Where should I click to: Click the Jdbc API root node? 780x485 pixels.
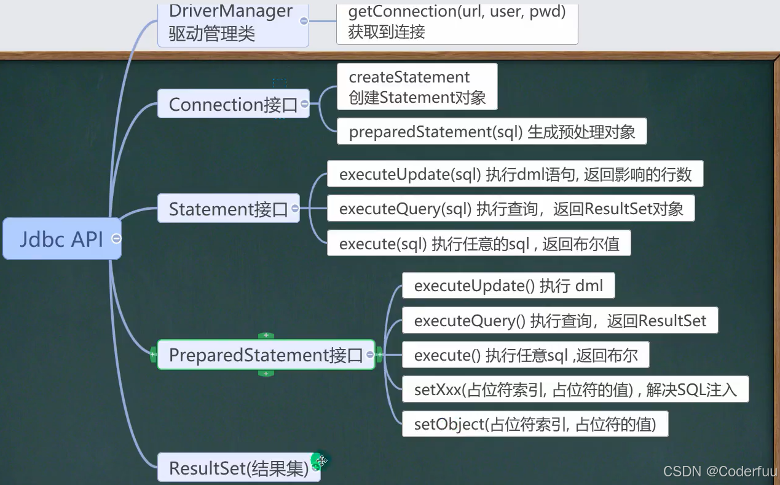click(x=61, y=238)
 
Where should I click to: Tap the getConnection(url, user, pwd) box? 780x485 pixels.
click(x=457, y=22)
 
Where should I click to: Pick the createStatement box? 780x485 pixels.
click(x=417, y=87)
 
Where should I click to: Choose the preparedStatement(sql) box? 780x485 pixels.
click(x=492, y=132)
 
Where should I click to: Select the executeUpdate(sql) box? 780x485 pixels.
click(x=515, y=174)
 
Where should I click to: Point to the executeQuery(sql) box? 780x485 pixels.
click(x=511, y=209)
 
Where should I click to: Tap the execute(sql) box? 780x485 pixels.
click(x=479, y=244)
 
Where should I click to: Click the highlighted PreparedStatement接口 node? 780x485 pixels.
click(x=266, y=355)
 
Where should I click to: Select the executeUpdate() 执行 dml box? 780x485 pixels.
click(x=508, y=286)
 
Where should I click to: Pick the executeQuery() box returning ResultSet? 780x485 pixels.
click(x=560, y=321)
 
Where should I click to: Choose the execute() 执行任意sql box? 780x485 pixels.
click(x=526, y=355)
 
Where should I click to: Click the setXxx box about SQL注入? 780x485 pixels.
click(x=575, y=390)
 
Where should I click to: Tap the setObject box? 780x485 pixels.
click(x=535, y=424)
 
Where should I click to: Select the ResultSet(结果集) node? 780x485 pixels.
click(x=238, y=468)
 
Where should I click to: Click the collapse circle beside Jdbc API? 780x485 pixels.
click(x=116, y=238)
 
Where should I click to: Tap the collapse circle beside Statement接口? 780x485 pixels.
click(x=295, y=209)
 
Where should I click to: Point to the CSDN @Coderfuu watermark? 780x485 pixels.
click(x=719, y=471)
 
